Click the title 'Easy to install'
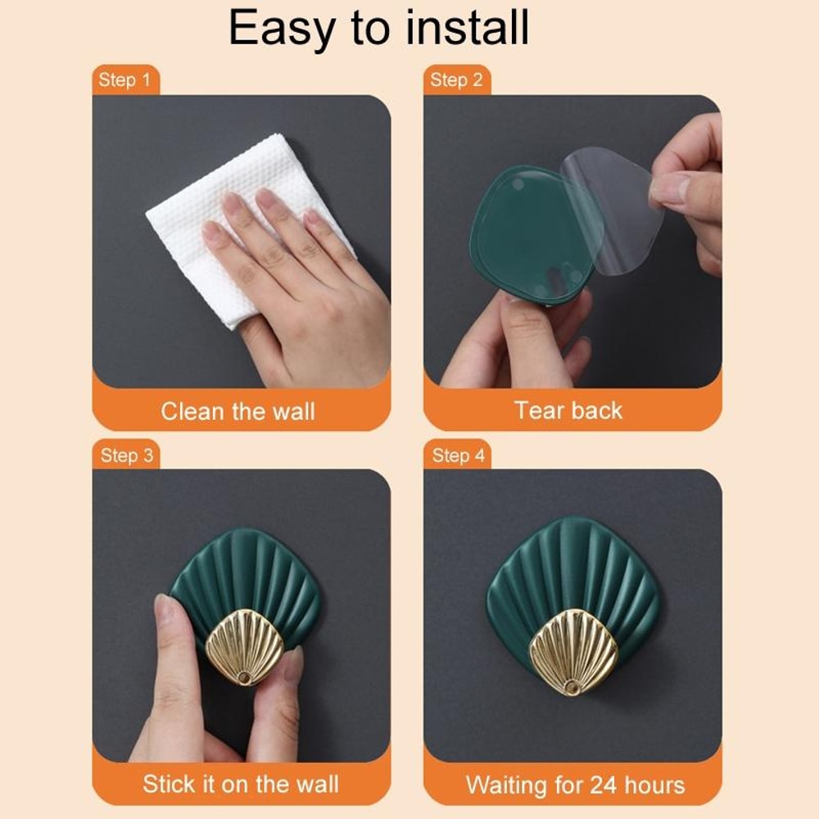point(378,28)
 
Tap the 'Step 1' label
point(124,80)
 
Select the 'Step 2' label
point(456,80)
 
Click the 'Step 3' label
point(126,455)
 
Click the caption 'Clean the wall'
point(238,410)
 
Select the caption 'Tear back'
point(568,410)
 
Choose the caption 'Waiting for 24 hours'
point(575,785)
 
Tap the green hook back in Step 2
point(516,238)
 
